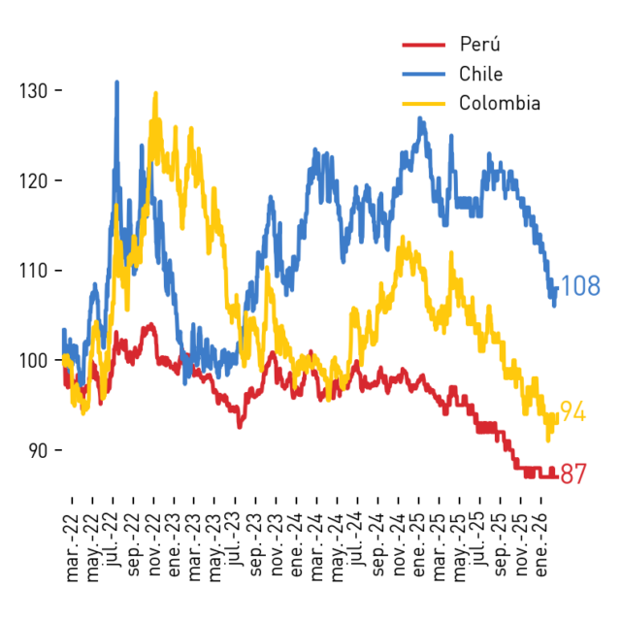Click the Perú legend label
(x=479, y=43)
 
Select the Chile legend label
(x=481, y=74)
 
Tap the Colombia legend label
(x=500, y=103)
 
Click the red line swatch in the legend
(x=424, y=45)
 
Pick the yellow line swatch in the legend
(x=424, y=104)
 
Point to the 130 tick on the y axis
(x=58, y=90)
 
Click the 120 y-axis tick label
(x=34, y=181)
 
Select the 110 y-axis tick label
(x=34, y=271)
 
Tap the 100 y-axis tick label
(x=34, y=361)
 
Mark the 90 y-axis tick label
(x=39, y=450)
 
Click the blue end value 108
(x=580, y=285)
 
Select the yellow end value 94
(x=572, y=411)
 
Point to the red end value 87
(x=573, y=474)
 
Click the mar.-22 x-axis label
(x=73, y=547)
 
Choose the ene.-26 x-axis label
(x=541, y=545)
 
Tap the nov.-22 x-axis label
(x=154, y=545)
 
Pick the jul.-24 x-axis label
(x=358, y=539)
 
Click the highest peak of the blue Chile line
(x=116, y=82)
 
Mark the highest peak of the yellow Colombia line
(x=155, y=93)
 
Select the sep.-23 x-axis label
(x=256, y=545)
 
